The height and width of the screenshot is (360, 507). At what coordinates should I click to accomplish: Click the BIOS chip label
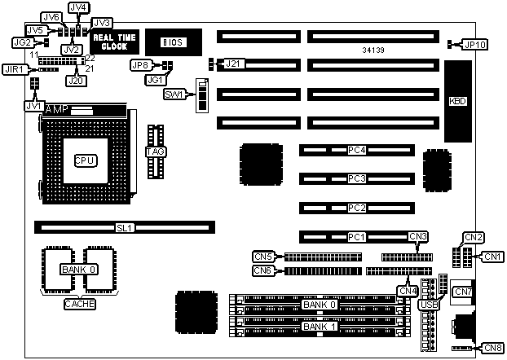[x=172, y=42]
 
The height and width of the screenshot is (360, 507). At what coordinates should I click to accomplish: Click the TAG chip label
[x=155, y=151]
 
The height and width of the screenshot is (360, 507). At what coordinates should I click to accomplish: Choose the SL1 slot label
[x=125, y=229]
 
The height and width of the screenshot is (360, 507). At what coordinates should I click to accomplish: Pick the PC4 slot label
[x=355, y=151]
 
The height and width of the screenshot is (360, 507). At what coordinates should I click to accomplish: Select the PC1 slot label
[x=355, y=237]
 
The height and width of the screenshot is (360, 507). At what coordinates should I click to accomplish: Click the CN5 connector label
[x=262, y=256]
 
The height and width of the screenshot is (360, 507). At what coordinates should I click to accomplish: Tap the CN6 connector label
[x=262, y=270]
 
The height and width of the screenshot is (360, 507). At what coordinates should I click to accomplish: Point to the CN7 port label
[x=463, y=292]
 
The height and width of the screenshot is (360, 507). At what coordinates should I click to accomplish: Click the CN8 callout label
[x=492, y=348]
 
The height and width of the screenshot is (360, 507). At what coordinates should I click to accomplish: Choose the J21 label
[x=233, y=63]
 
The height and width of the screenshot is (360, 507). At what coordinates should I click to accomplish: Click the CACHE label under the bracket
[x=79, y=304]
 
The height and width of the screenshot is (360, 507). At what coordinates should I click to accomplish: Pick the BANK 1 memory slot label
[x=319, y=326]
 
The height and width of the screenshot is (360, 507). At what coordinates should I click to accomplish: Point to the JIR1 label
[x=14, y=71]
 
